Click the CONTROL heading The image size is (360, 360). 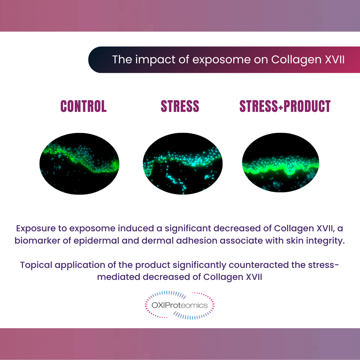point(83,106)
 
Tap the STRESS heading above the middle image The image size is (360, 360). point(180,106)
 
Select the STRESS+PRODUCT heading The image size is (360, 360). point(285,106)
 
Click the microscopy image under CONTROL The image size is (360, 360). point(79,163)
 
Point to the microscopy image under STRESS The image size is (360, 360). point(183,163)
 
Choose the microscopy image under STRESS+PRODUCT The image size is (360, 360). point(280,163)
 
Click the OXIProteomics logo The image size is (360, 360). point(180,305)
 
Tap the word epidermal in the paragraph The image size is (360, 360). point(97,241)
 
